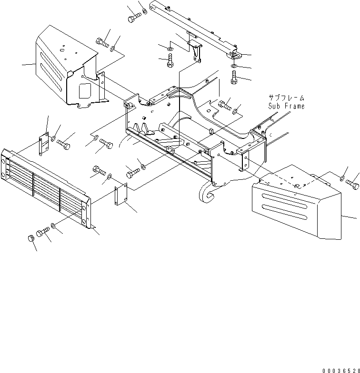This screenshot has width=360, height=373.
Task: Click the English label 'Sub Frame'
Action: (x=286, y=106)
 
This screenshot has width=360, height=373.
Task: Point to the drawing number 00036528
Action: (x=340, y=369)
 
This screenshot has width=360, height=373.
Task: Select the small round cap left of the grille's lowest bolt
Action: (x=31, y=237)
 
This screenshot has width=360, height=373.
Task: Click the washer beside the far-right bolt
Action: (x=343, y=178)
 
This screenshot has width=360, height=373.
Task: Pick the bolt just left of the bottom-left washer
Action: (x=42, y=232)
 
